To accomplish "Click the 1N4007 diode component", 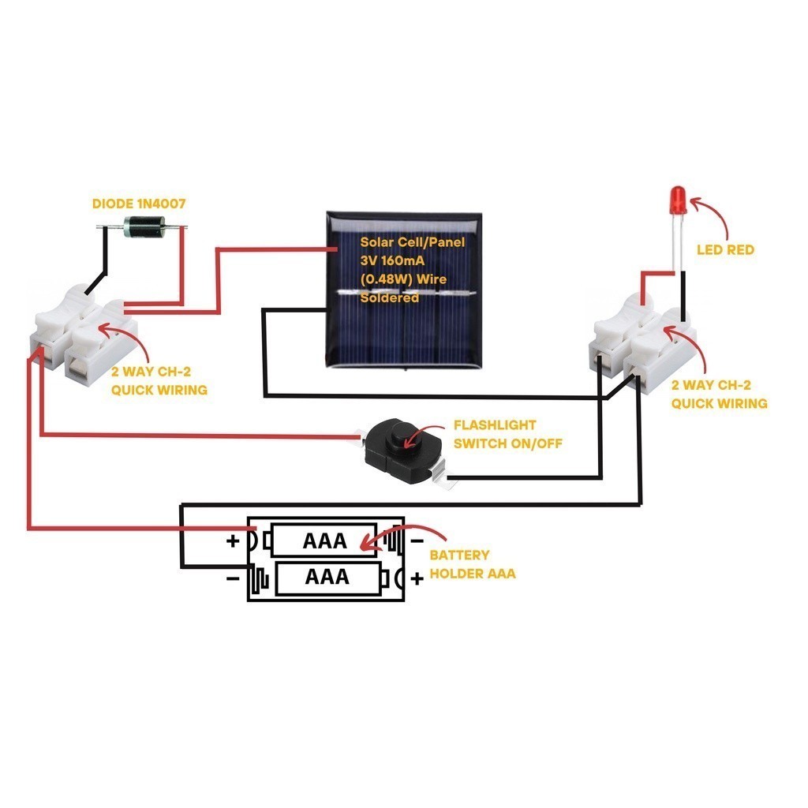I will coord(143,228).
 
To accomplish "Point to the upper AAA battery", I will coord(324,541).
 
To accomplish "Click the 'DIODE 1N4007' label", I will coord(138,204).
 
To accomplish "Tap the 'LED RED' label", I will coord(725,249).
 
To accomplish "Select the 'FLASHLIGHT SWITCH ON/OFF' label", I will coord(507,433).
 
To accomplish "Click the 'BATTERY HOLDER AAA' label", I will coord(472,564).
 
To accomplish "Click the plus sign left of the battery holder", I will coord(233,541).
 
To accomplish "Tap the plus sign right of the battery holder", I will coord(417,578).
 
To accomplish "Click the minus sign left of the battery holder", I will coord(234,578).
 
